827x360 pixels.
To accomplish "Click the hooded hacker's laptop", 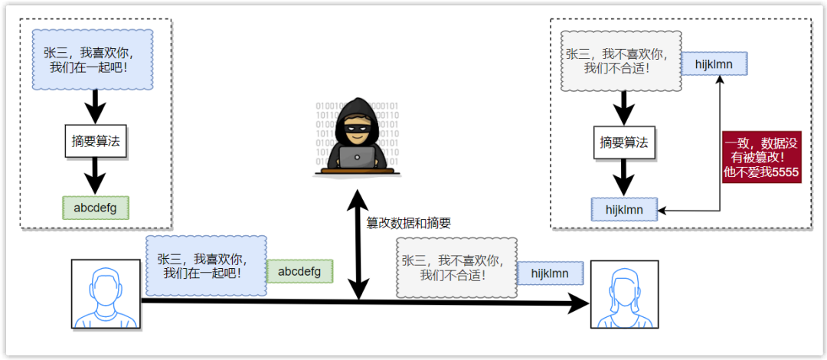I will (357, 157).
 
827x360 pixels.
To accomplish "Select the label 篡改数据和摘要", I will (408, 223).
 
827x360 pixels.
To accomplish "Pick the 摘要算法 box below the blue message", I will (95, 141).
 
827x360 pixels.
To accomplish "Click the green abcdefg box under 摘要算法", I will (95, 208).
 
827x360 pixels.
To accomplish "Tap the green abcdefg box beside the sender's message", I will (299, 271).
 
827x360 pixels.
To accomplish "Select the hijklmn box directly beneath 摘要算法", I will (625, 208).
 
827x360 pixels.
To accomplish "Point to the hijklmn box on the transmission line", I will (551, 273).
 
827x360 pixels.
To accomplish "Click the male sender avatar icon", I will (106, 294).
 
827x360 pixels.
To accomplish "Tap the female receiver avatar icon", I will (624, 294).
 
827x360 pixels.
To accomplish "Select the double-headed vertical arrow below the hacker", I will (358, 245).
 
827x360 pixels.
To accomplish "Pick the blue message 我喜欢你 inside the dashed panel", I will (93, 59).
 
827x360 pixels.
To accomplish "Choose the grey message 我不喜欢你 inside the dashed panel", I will (621, 61).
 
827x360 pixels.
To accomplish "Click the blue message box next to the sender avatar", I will (206, 266).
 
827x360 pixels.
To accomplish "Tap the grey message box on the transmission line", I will (453, 267).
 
